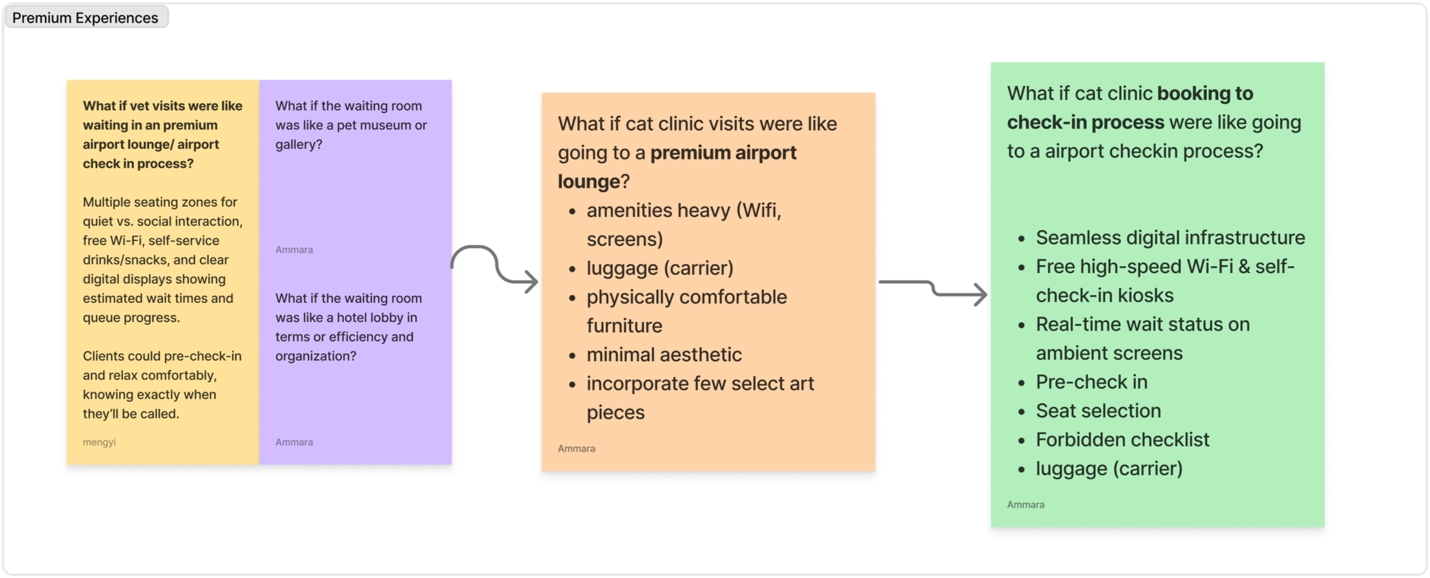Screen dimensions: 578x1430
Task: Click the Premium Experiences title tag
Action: coord(85,18)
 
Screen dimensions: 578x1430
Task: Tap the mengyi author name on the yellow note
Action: coord(99,442)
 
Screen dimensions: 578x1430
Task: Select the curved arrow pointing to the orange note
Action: coord(494,268)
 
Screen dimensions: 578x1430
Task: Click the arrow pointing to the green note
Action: coord(933,289)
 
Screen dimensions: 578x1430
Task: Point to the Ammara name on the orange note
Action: coord(576,449)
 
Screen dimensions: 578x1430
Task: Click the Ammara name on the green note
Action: coord(1025,505)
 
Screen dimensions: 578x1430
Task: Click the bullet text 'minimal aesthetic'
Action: coord(663,355)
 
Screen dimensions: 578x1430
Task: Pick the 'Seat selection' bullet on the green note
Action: coord(1098,411)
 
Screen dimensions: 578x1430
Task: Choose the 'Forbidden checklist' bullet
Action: coord(1122,440)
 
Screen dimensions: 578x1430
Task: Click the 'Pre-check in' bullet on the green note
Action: coord(1091,382)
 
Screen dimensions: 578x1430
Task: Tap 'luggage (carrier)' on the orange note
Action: coord(659,268)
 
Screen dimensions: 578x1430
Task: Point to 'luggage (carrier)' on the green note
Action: coord(1108,468)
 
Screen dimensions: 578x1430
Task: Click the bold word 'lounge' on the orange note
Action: coord(588,182)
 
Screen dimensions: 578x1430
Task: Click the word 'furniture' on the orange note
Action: coord(624,326)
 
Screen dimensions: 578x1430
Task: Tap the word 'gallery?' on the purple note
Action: coord(298,145)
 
